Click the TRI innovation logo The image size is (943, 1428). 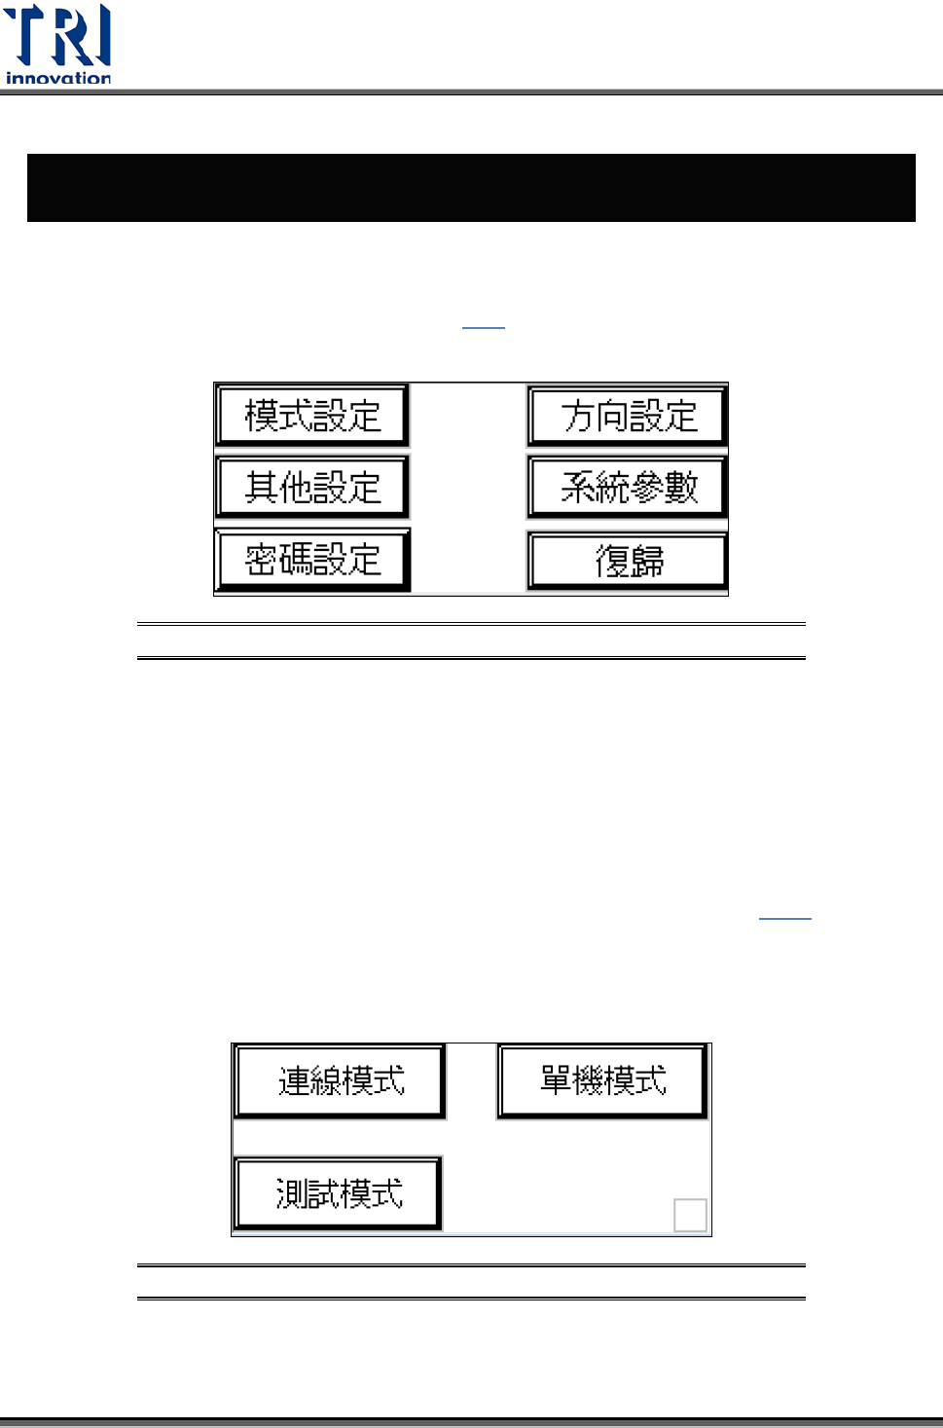click(x=58, y=44)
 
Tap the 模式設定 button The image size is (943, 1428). click(x=312, y=416)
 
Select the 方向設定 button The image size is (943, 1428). click(x=629, y=416)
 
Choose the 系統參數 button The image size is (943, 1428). click(x=629, y=487)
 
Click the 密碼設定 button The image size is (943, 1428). click(x=312, y=560)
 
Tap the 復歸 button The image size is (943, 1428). click(x=629, y=562)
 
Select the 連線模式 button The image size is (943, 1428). click(x=341, y=1080)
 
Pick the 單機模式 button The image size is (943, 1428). click(x=602, y=1080)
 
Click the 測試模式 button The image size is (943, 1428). click(x=339, y=1193)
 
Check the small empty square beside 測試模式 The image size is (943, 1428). click(x=690, y=1215)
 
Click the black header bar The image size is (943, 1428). click(x=471, y=188)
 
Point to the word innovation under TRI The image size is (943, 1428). click(x=58, y=78)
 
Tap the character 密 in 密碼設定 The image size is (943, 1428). click(x=261, y=560)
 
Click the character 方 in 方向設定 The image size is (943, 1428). click(x=577, y=416)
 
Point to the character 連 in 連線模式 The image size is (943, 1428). click(x=294, y=1080)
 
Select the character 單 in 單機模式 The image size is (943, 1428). click(x=556, y=1080)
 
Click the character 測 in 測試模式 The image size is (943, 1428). click(x=291, y=1193)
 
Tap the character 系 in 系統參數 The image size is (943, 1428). click(x=577, y=487)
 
